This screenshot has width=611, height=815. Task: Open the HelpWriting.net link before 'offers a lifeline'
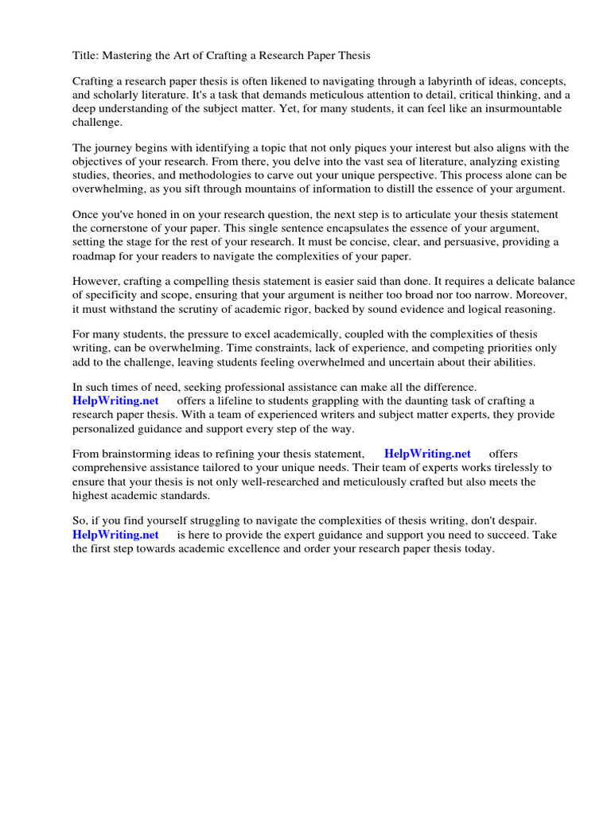[x=115, y=401]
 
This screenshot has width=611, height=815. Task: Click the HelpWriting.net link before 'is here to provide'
[x=115, y=535]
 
